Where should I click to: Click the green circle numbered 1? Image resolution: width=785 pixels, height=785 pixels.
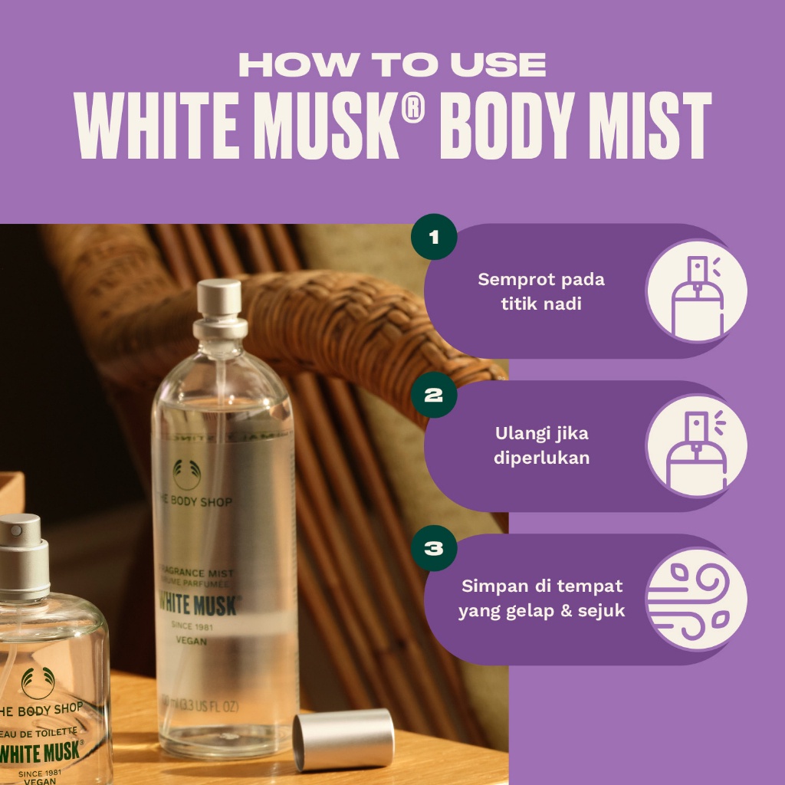coord(434,236)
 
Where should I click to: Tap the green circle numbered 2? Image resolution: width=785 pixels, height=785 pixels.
coord(434,396)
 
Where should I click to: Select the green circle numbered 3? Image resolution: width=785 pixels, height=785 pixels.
coord(434,549)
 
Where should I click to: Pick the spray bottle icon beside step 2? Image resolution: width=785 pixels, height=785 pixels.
coord(696,445)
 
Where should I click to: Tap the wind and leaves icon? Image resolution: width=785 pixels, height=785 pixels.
coord(696,599)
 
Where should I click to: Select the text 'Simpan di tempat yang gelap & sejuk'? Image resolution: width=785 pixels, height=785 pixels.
coord(541,599)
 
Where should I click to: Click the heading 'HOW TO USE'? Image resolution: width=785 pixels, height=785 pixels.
coord(392,65)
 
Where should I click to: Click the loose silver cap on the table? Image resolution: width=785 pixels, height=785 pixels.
coord(343,739)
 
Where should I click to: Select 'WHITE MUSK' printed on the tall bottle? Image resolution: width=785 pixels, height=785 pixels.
coord(199,603)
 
